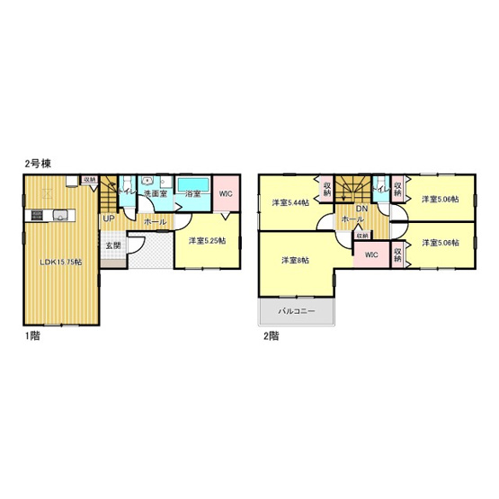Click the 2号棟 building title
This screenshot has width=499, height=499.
[x=36, y=165]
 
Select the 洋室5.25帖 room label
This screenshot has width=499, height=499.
[x=208, y=240]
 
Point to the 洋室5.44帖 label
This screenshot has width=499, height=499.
[x=290, y=203]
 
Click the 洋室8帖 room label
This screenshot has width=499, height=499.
[x=295, y=261]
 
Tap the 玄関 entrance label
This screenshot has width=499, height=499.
[x=111, y=245]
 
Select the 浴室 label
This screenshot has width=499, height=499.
[x=192, y=193]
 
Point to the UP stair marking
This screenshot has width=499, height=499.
[x=108, y=218]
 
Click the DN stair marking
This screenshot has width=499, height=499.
[x=362, y=209]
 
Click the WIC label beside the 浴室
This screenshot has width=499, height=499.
[x=226, y=193]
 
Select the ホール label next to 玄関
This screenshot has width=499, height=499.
[x=154, y=219]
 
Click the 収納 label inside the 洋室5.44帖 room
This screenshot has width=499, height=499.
[x=325, y=189]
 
